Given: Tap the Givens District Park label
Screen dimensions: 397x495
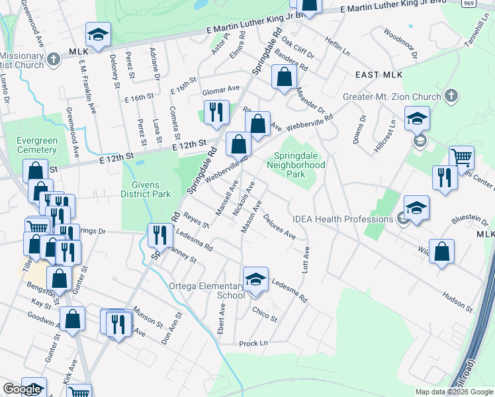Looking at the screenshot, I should [146, 187].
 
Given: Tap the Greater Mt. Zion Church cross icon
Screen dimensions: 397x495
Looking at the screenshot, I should [452, 96].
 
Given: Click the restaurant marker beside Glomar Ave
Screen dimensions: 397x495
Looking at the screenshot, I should [216, 113].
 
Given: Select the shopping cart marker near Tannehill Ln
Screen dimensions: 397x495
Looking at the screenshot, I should [461, 158].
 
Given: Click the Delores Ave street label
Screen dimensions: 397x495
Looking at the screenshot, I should [279, 225].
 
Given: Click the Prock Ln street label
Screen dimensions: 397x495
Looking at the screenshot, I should [253, 343].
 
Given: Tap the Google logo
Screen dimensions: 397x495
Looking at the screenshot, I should [22, 388].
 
